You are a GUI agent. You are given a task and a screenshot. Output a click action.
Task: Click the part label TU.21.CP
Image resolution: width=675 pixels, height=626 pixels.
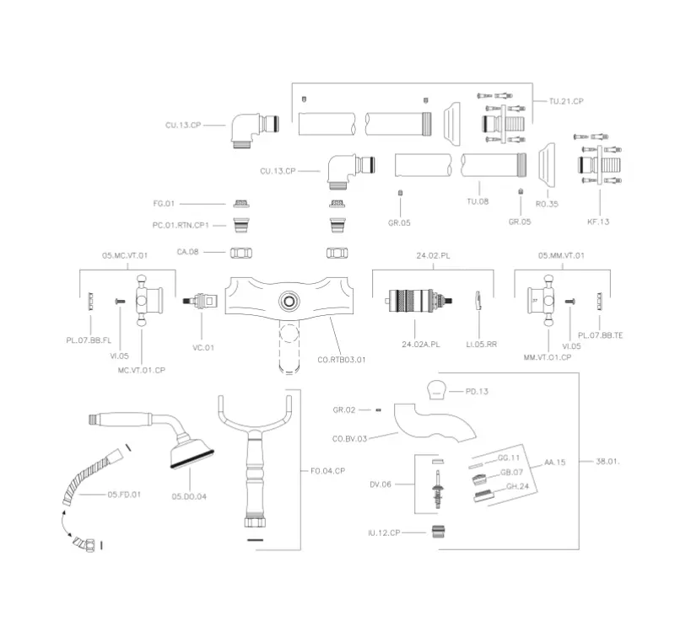(566, 101)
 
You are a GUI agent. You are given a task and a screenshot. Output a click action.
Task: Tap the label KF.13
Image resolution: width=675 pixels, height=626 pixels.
(598, 221)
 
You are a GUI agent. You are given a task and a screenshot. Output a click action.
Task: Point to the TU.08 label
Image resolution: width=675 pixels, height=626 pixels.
(478, 202)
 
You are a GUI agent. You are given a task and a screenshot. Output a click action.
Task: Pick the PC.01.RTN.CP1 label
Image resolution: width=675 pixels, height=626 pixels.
(180, 225)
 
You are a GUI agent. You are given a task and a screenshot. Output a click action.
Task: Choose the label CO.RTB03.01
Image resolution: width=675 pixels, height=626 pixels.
(342, 360)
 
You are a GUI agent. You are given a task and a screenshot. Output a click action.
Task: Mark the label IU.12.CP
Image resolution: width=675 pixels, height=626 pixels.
(384, 532)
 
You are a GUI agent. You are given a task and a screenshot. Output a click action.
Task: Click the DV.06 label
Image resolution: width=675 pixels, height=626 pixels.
(381, 484)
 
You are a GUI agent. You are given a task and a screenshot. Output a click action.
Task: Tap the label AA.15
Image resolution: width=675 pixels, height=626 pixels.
(555, 463)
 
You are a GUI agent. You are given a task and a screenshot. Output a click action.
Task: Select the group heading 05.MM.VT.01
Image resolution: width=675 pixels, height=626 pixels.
(561, 254)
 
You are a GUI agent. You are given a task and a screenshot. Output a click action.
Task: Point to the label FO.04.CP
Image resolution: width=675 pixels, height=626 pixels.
(329, 471)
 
